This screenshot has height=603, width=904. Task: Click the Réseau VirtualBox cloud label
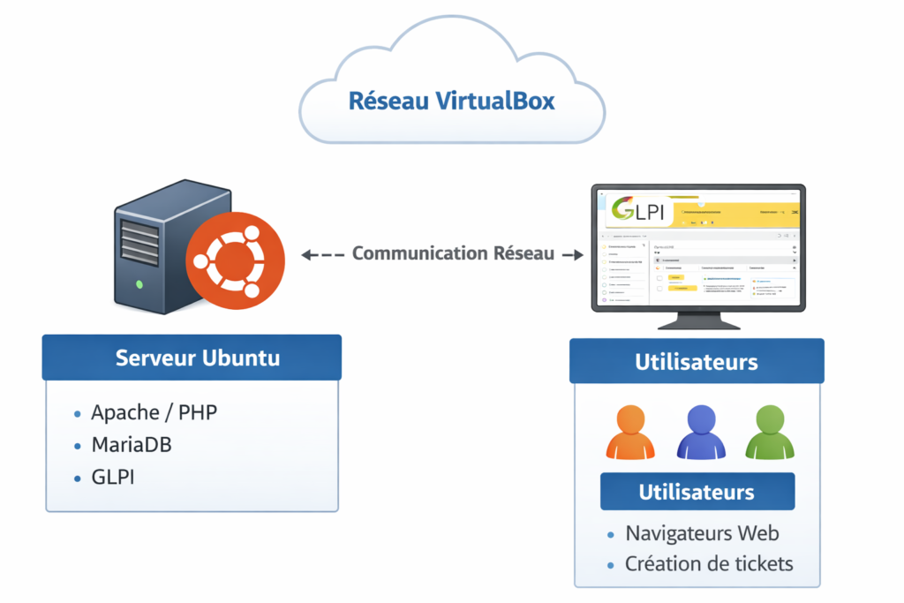(x=451, y=101)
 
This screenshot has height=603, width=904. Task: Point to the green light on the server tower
(x=139, y=284)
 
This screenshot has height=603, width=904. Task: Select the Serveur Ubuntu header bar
(x=192, y=358)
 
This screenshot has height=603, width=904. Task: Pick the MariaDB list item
(x=132, y=444)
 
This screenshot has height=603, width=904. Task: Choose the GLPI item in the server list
(x=114, y=477)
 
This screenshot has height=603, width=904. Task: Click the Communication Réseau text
(x=453, y=253)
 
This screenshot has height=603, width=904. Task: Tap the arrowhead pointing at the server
(x=307, y=255)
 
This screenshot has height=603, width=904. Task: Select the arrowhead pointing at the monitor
(x=578, y=255)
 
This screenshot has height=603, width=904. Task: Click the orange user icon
(x=629, y=432)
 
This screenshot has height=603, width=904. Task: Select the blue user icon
(x=700, y=432)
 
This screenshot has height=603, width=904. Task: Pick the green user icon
(x=770, y=432)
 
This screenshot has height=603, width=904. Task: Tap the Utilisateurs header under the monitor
(x=696, y=362)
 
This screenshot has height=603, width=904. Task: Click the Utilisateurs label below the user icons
(x=697, y=492)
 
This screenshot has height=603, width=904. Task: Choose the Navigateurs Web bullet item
(x=702, y=533)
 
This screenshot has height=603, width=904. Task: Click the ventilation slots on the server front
(x=139, y=238)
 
